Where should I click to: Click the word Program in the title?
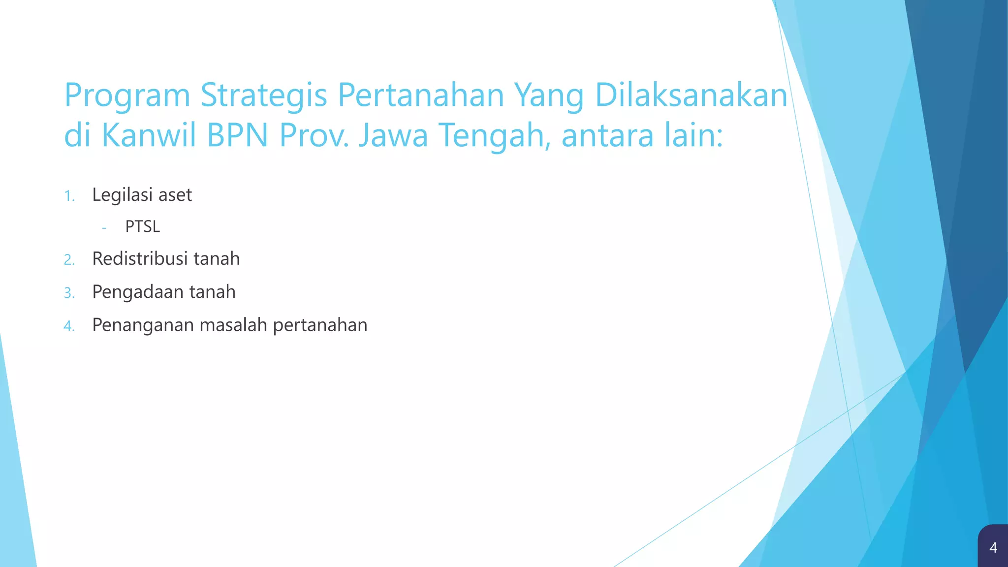point(127,96)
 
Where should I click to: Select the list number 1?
point(69,196)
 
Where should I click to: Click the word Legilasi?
point(123,195)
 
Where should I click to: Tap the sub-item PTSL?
point(143,226)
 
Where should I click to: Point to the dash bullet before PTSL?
point(104,228)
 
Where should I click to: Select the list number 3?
point(69,293)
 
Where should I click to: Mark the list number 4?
point(69,326)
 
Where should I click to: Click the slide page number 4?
point(993,547)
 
